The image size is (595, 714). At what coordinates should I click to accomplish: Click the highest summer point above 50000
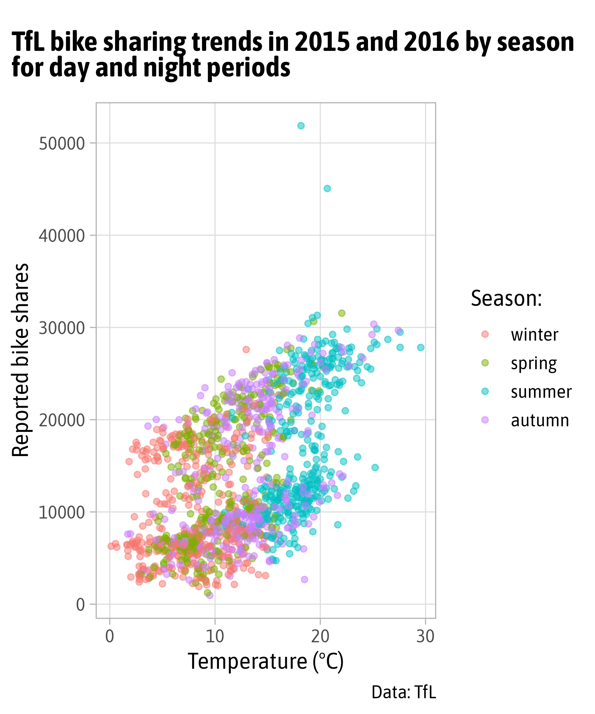pyautogui.click(x=301, y=126)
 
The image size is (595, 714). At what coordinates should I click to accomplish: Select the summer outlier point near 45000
pyautogui.click(x=327, y=188)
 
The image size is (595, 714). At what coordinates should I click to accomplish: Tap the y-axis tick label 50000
pyautogui.click(x=62, y=144)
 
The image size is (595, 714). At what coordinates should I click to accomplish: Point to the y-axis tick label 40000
pyautogui.click(x=62, y=236)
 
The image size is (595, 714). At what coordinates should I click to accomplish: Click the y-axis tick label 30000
pyautogui.click(x=62, y=328)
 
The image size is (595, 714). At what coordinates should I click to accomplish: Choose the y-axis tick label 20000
pyautogui.click(x=62, y=421)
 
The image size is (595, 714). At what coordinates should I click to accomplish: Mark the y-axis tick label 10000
pyautogui.click(x=62, y=513)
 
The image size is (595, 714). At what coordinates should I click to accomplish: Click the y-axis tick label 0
pyautogui.click(x=80, y=605)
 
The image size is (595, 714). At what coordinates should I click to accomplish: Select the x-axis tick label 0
pyautogui.click(x=109, y=636)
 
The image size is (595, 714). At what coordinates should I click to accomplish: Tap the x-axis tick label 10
pyautogui.click(x=215, y=636)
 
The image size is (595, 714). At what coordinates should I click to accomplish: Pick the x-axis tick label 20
pyautogui.click(x=320, y=636)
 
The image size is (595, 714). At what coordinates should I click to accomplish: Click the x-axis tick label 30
pyautogui.click(x=425, y=636)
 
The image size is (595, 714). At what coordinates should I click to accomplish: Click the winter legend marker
pyautogui.click(x=485, y=334)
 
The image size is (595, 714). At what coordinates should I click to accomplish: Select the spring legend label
pyautogui.click(x=534, y=364)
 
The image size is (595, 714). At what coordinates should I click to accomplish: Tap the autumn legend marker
pyautogui.click(x=485, y=420)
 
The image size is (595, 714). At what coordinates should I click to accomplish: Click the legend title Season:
pyautogui.click(x=506, y=298)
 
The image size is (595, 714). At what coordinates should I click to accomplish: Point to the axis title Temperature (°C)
pyautogui.click(x=266, y=662)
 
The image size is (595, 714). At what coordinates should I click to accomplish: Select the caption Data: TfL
pyautogui.click(x=404, y=692)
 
